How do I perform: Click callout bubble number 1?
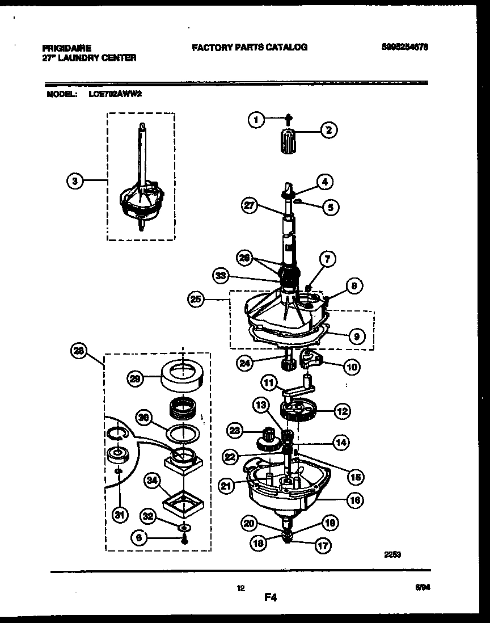tap(256, 120)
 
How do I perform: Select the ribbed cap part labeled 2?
tap(289, 141)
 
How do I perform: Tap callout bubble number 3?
tap(74, 181)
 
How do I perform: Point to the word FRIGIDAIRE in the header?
tap(67, 49)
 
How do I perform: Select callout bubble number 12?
tap(341, 411)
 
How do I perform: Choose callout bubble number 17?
tap(323, 546)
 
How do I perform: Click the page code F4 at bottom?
tap(270, 597)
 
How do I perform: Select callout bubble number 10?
tap(352, 367)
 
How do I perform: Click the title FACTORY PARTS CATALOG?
tap(250, 48)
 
